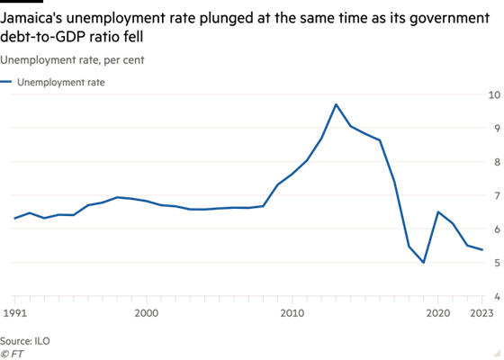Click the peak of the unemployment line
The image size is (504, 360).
(336, 104)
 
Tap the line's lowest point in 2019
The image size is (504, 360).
(423, 262)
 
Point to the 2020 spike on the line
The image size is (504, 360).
(438, 211)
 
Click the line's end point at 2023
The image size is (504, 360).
(481, 249)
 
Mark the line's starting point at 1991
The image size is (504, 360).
(14, 218)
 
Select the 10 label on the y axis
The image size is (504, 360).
(494, 94)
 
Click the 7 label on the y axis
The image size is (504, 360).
(497, 195)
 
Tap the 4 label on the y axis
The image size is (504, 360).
(497, 296)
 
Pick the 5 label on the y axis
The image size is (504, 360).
(497, 263)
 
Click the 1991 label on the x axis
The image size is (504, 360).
(14, 313)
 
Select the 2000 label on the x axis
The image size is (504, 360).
(146, 313)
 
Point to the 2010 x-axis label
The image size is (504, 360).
(292, 313)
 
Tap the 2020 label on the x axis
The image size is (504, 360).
(438, 313)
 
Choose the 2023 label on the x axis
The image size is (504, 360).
(481, 313)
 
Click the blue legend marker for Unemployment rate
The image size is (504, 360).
(5, 82)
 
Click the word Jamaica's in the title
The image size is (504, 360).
(31, 18)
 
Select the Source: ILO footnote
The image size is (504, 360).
(25, 341)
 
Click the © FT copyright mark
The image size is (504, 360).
(12, 354)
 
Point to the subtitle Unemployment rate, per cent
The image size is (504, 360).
(72, 60)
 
